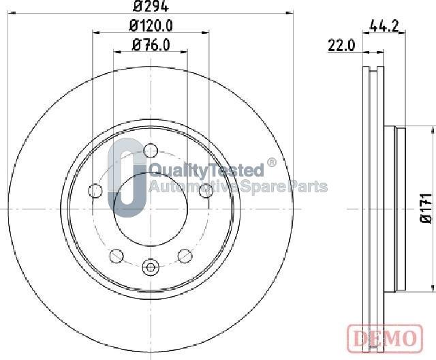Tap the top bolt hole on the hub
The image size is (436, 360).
(x=151, y=150)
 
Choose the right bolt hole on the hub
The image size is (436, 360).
(x=206, y=192)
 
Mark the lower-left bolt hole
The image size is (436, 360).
(x=116, y=256)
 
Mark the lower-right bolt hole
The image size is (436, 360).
(x=185, y=256)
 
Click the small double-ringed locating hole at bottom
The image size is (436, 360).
(x=151, y=267)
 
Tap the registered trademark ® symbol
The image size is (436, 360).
(x=271, y=163)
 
